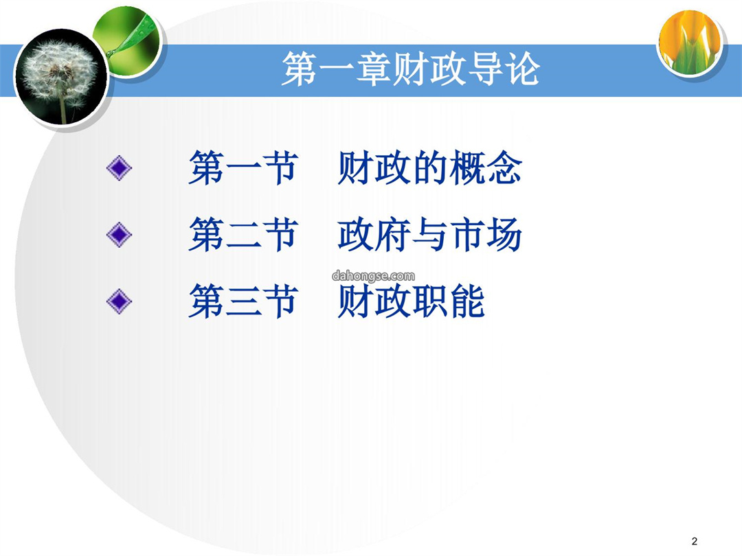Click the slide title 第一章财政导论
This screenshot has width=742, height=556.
pyautogui.click(x=411, y=69)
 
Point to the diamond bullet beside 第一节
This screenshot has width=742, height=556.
pyautogui.click(x=119, y=168)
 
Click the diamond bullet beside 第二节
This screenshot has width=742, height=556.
pyautogui.click(x=119, y=235)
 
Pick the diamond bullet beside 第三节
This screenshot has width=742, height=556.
pyautogui.click(x=119, y=301)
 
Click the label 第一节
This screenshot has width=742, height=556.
pyautogui.click(x=243, y=168)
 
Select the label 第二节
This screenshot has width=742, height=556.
pyautogui.click(x=243, y=235)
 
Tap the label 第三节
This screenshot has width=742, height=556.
pyautogui.click(x=243, y=301)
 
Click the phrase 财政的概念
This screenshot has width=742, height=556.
pyautogui.click(x=429, y=168)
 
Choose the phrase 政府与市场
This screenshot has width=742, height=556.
pyautogui.click(x=429, y=235)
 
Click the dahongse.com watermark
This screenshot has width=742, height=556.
pyautogui.click(x=373, y=276)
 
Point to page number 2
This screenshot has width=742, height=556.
pyautogui.click(x=694, y=541)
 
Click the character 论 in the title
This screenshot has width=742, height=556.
pyautogui.click(x=522, y=69)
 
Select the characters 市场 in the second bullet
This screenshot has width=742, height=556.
pyautogui.click(x=486, y=235)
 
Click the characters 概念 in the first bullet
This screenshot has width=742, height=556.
pyautogui.click(x=486, y=168)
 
